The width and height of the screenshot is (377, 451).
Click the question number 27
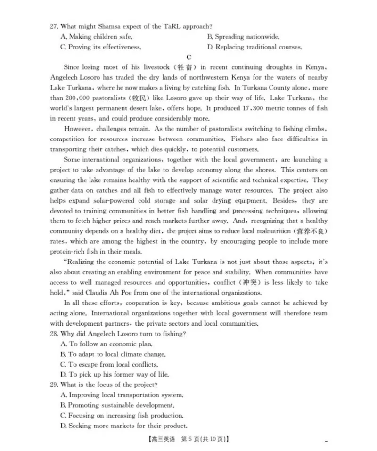[54, 26]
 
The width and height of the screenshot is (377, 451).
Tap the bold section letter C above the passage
[188, 57]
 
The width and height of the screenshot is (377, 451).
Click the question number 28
[54, 334]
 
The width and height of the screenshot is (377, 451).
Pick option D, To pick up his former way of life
[114, 375]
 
